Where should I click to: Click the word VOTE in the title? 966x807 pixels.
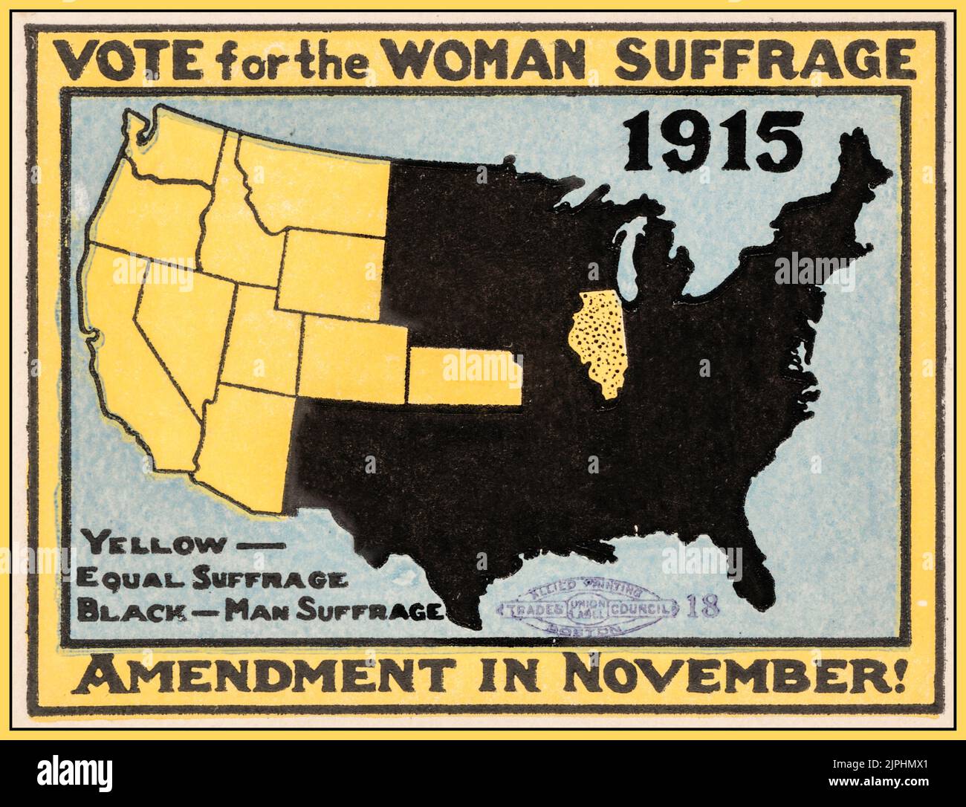tap(131, 62)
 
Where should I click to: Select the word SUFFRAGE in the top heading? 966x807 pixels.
tap(765, 61)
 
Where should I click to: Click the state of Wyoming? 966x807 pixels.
tap(331, 271)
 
